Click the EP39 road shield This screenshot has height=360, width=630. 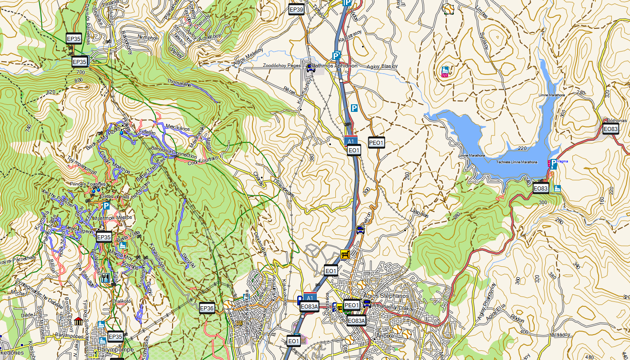296,9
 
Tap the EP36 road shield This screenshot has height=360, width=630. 207,308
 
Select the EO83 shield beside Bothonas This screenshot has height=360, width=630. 610,129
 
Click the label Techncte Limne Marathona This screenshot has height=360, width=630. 517,162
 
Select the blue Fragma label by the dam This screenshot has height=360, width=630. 562,162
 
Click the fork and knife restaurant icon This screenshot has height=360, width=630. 105,278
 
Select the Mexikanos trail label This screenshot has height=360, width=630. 177,128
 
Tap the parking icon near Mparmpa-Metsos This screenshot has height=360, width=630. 106,206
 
